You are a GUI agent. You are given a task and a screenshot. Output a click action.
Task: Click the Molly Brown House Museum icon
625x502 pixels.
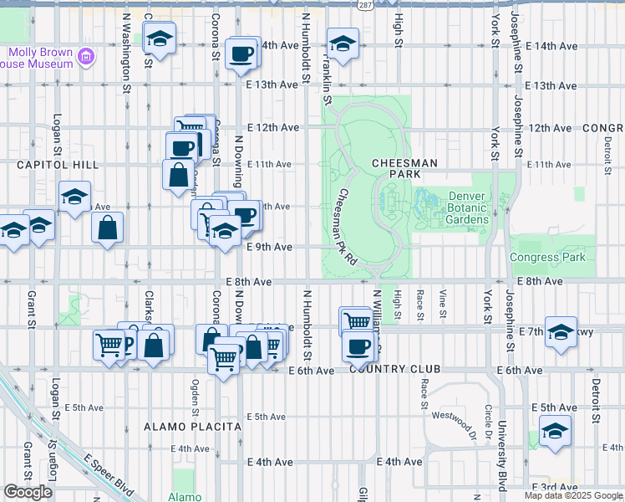tap(85, 58)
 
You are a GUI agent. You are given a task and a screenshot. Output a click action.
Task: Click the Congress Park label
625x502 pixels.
tap(547, 257)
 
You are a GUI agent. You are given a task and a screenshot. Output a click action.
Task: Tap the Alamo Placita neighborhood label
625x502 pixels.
tap(193, 427)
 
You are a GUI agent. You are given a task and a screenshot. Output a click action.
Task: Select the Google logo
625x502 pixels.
tap(28, 492)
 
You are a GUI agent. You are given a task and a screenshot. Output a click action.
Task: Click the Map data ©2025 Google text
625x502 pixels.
tap(573, 495)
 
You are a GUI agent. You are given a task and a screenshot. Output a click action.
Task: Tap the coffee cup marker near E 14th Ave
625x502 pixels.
tap(242, 53)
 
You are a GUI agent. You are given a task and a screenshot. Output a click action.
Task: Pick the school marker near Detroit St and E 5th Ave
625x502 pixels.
tap(555, 431)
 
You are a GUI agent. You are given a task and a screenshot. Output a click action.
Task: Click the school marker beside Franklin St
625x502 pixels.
tap(342, 43)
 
